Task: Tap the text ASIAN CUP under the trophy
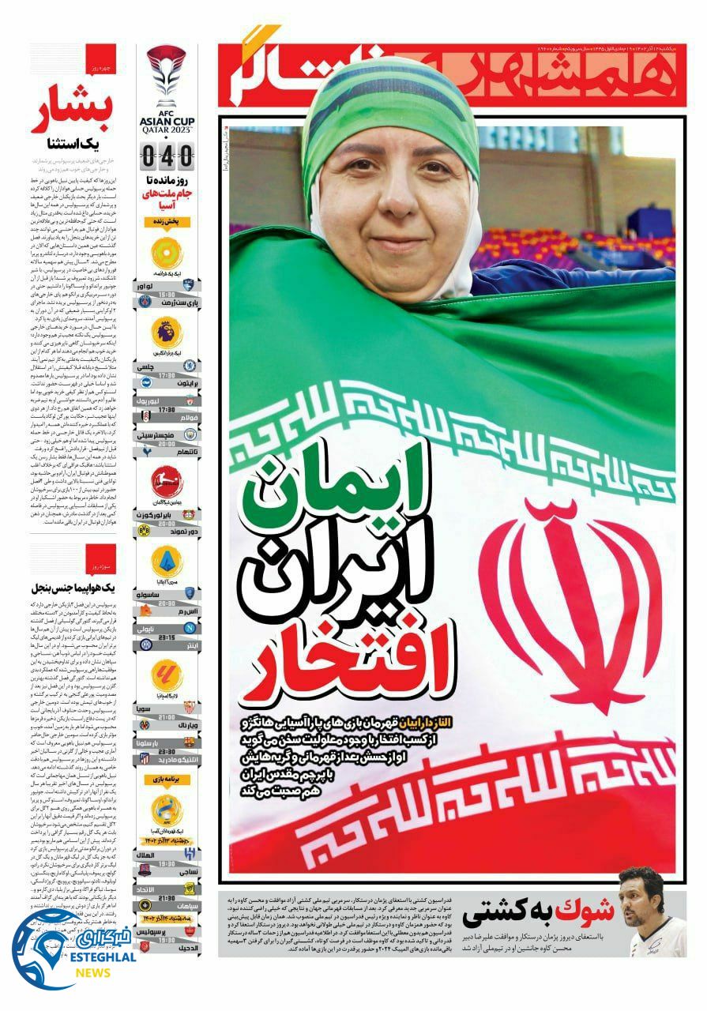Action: [x=167, y=120]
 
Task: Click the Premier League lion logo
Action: [x=167, y=332]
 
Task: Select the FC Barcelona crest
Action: [x=189, y=742]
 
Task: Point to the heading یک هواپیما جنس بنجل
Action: [x=73, y=588]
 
